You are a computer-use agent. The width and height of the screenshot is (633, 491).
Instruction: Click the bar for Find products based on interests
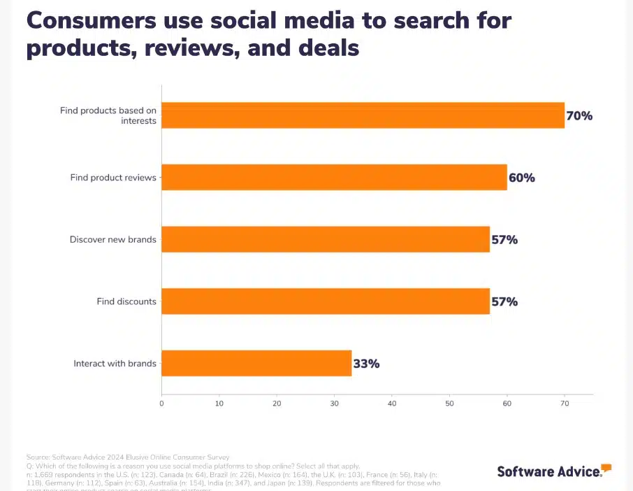[x=363, y=115]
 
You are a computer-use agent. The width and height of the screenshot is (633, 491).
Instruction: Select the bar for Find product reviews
[x=334, y=178]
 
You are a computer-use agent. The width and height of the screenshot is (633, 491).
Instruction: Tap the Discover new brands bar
[x=326, y=239]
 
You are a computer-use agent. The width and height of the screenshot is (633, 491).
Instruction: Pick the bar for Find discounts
[x=326, y=301]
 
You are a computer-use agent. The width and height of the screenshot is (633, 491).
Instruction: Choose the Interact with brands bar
[x=256, y=363]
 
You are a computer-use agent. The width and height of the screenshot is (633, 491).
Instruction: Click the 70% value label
[x=579, y=116]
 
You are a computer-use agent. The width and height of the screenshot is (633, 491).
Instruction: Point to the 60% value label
[x=522, y=178]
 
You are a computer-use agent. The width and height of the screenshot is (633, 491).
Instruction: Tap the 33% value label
[x=366, y=364]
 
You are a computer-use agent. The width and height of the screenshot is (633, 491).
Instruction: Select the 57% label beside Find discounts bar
[x=504, y=302]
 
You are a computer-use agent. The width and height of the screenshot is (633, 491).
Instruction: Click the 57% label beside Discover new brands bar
[x=504, y=240]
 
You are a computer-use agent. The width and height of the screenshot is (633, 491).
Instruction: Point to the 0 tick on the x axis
[x=161, y=404]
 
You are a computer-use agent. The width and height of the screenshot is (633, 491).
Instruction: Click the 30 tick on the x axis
[x=334, y=404]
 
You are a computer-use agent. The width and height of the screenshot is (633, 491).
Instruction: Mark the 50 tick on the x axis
[x=449, y=404]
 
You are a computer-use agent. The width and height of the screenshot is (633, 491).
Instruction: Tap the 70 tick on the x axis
[x=565, y=404]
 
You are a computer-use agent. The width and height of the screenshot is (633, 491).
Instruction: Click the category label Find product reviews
[x=113, y=178]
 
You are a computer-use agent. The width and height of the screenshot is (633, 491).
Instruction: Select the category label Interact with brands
[x=115, y=364]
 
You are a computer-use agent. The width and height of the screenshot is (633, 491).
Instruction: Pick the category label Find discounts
[x=126, y=302]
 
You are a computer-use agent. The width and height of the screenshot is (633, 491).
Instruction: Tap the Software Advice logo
[x=549, y=471]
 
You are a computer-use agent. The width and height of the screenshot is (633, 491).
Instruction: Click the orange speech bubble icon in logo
[x=606, y=467]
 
